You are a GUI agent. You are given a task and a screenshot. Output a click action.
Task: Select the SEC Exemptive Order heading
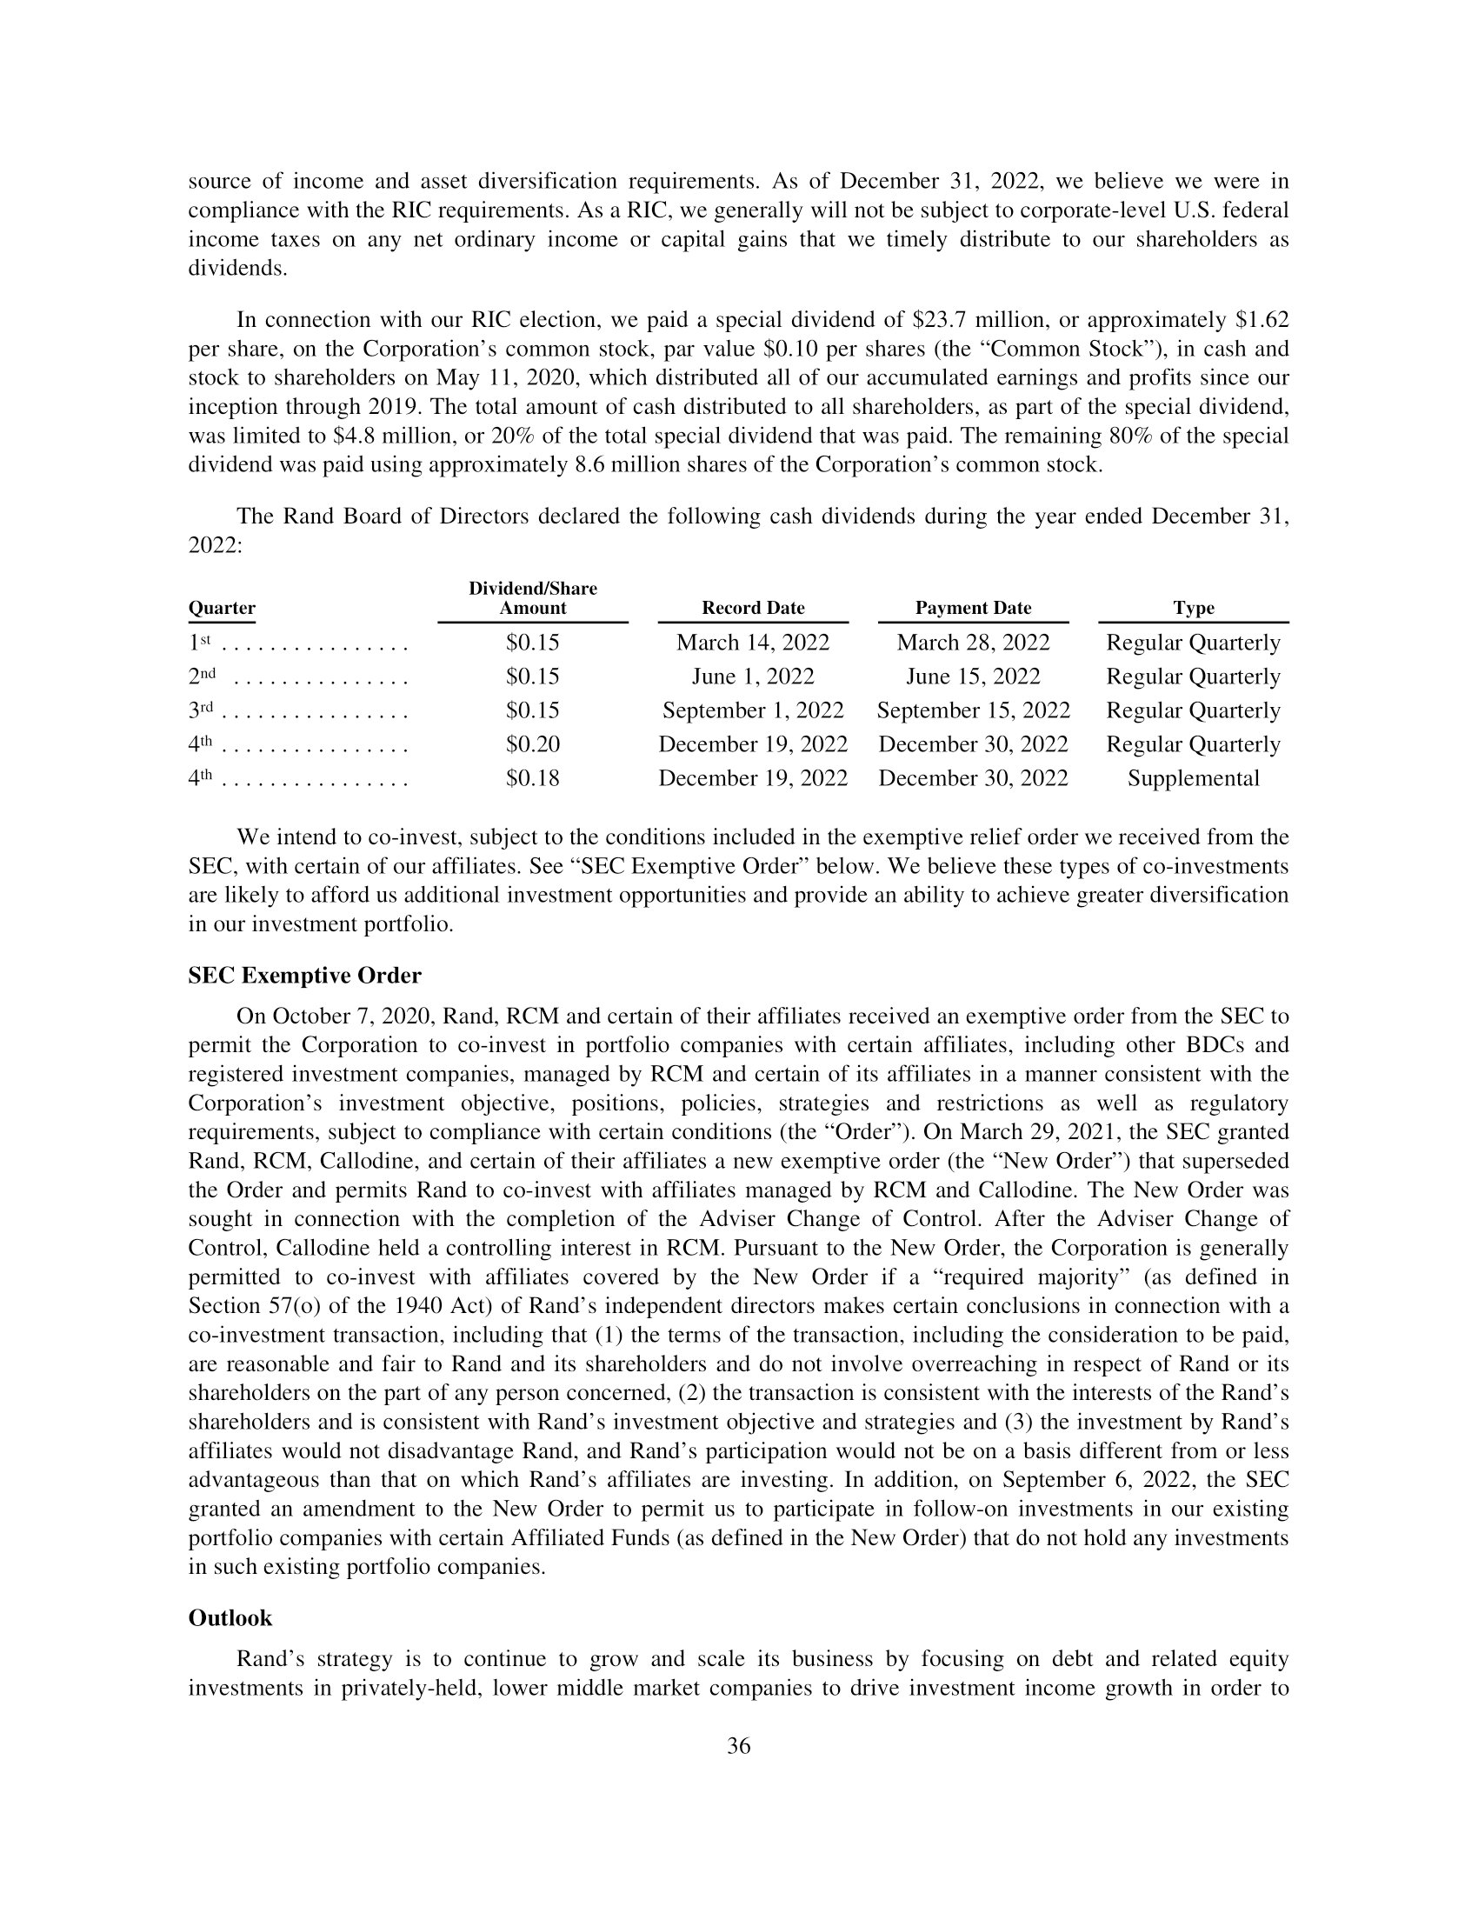coord(304,976)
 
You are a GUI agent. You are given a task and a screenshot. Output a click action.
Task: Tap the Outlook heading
coord(230,1618)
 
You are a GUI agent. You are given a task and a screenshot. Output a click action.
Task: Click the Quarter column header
coord(222,608)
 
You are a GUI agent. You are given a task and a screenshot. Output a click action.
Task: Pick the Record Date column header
coord(753,608)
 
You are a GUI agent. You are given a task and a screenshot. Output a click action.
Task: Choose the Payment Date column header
coord(973,608)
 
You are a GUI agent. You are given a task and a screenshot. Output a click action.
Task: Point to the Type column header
coord(1194,608)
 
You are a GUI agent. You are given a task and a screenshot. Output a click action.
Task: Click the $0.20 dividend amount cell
coord(532,744)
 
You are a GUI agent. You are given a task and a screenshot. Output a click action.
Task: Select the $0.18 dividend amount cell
coord(532,779)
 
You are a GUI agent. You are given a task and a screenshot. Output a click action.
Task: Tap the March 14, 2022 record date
coord(753,643)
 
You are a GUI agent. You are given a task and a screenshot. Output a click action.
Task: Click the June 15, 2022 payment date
coord(973,677)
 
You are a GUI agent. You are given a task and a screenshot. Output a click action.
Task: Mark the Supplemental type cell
coord(1194,779)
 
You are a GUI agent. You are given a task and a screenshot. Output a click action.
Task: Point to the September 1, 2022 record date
coord(753,710)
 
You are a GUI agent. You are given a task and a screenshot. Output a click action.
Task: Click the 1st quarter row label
coord(201,643)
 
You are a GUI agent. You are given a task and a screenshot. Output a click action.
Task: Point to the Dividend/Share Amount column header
coord(532,598)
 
